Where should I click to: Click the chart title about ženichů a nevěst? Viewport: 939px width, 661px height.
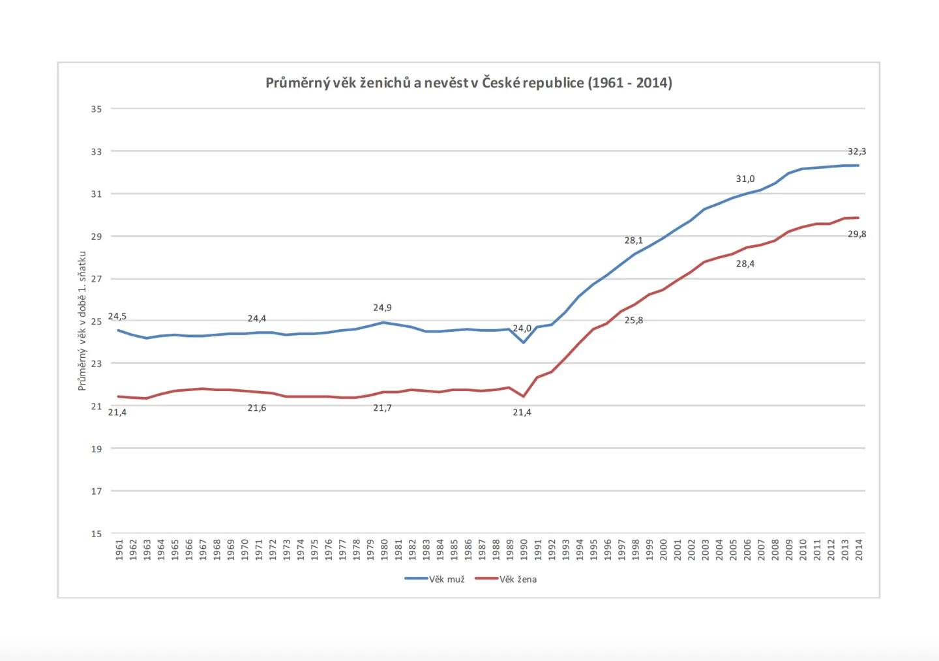[469, 83]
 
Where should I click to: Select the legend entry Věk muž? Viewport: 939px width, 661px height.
[435, 580]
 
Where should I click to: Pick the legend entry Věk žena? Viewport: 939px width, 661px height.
[506, 580]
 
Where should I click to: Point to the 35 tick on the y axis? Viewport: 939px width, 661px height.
[97, 109]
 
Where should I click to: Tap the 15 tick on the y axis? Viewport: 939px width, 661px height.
[97, 534]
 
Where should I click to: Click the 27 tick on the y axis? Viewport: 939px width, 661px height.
[97, 279]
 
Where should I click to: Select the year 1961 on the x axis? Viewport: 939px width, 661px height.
[119, 550]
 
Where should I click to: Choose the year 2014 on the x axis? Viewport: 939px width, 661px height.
[859, 550]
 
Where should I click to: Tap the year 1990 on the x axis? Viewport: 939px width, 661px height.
[524, 550]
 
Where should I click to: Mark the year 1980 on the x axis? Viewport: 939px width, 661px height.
[384, 550]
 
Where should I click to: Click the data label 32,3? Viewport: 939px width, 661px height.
[857, 151]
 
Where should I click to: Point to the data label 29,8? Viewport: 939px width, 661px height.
[857, 234]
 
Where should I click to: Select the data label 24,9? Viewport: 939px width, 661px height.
[382, 308]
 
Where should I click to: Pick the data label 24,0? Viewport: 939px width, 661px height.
[522, 329]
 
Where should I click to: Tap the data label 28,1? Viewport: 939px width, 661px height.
[633, 241]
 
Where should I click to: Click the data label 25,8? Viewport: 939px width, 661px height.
[633, 321]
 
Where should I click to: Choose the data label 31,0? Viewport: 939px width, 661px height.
[745, 179]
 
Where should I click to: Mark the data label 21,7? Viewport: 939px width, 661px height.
[382, 408]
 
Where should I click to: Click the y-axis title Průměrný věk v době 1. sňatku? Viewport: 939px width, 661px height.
[82, 321]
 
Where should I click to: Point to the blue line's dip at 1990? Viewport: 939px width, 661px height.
[524, 342]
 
